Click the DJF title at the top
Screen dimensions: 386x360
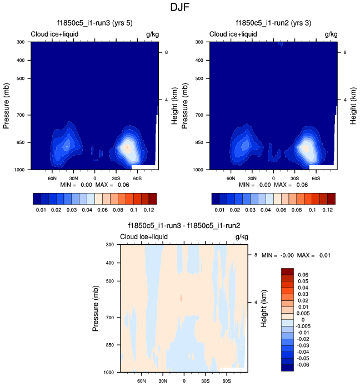pos(181,8)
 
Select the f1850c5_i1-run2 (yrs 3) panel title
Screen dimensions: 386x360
pos(273,23)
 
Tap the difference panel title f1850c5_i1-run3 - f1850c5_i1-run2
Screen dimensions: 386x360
pos(184,226)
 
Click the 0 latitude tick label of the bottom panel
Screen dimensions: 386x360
pos(184,380)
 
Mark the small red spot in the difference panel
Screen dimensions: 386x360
pos(181,298)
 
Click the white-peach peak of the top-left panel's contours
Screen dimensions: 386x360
pos(127,148)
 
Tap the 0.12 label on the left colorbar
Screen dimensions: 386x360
pos(149,210)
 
